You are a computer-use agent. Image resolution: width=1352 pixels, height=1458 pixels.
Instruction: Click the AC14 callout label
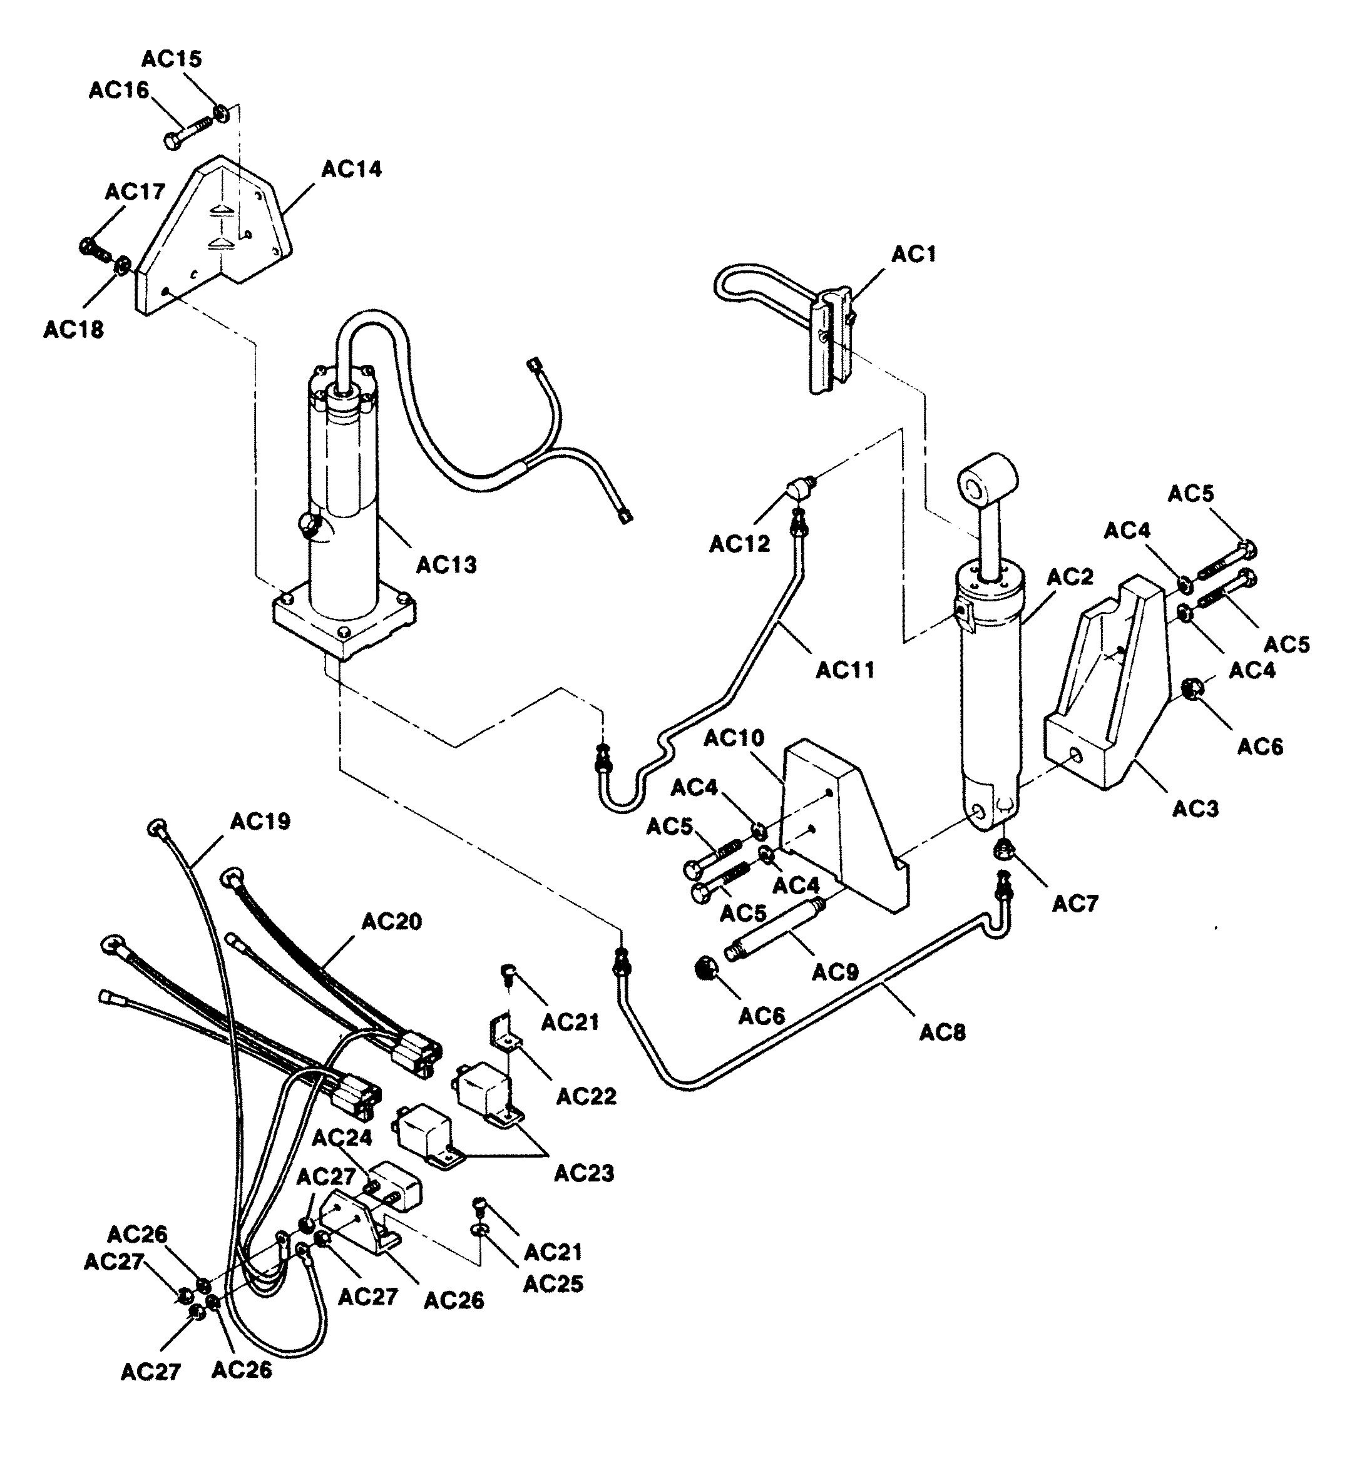click(352, 169)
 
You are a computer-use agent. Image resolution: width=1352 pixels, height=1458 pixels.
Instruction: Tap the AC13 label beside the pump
click(446, 565)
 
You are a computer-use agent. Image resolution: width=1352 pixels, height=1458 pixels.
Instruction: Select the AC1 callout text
click(914, 254)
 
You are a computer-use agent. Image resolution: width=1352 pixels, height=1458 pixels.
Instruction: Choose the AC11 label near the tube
click(845, 670)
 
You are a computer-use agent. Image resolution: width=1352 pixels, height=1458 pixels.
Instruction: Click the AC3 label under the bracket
click(1196, 808)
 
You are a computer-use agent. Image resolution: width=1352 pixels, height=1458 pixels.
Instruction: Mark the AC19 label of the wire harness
click(260, 822)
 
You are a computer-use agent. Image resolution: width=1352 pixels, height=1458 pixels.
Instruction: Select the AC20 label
click(392, 921)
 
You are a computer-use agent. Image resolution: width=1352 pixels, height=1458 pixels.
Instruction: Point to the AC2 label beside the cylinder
click(1070, 577)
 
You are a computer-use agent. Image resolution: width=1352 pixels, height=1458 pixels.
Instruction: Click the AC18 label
click(73, 330)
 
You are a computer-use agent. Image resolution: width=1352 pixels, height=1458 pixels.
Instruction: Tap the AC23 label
click(584, 1173)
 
